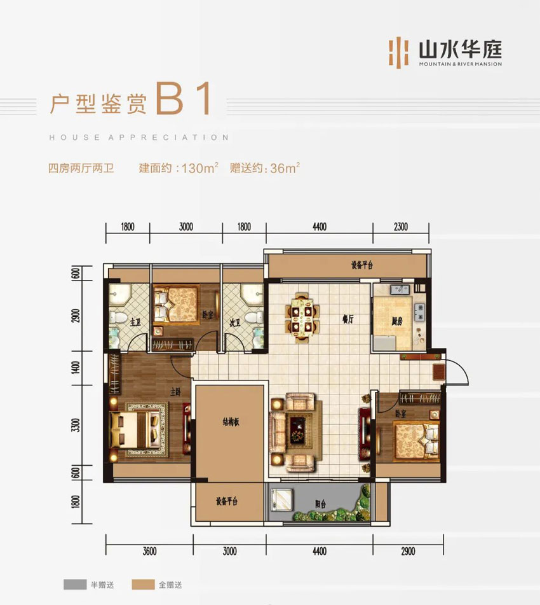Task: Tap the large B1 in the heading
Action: pyautogui.click(x=183, y=100)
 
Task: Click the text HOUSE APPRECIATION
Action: pyautogui.click(x=138, y=137)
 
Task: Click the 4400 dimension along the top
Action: pyautogui.click(x=319, y=226)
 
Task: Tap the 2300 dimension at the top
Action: pyautogui.click(x=400, y=226)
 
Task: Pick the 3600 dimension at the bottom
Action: pyautogui.click(x=150, y=551)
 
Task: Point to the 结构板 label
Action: pyautogui.click(x=229, y=422)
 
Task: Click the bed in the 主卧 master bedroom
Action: pyautogui.click(x=136, y=431)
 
